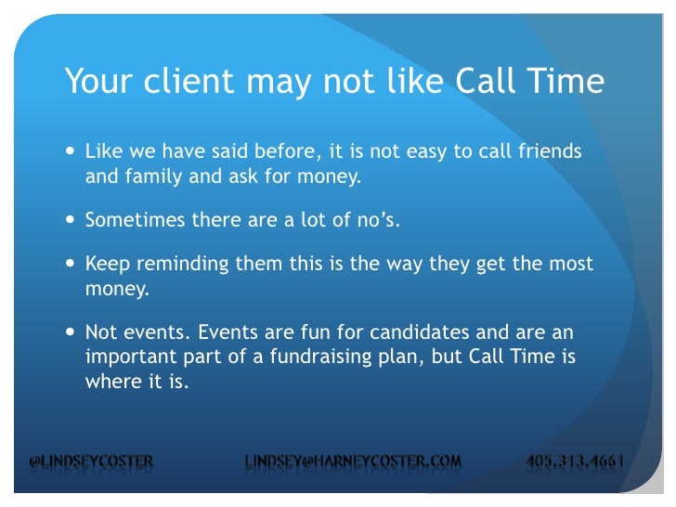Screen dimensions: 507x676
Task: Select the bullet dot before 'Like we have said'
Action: [x=72, y=150]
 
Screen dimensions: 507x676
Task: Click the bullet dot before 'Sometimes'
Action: [x=72, y=220]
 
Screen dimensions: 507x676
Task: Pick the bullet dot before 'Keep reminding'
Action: [x=72, y=264]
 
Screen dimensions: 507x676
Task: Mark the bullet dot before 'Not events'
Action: [x=72, y=333]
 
